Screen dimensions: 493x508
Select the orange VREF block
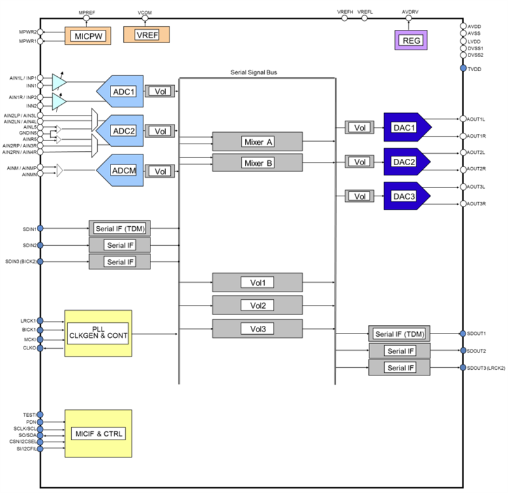tap(146, 35)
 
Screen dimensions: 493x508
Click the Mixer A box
tap(257, 142)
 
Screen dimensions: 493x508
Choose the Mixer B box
tap(257, 163)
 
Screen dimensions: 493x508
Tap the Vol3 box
tap(257, 328)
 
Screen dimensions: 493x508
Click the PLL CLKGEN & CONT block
tap(98, 333)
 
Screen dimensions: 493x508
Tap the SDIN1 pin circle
tap(41, 228)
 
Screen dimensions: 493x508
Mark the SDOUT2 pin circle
tap(463, 351)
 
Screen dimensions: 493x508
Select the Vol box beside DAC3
tap(360, 196)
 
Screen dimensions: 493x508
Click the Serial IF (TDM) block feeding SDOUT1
tap(399, 334)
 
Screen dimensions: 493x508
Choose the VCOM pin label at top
tap(145, 12)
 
